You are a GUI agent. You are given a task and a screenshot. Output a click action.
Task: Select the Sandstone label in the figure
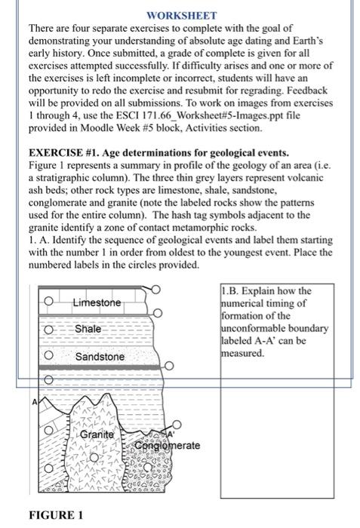pyautogui.click(x=100, y=356)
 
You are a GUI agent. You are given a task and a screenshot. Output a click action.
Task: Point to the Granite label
pyautogui.click(x=99, y=434)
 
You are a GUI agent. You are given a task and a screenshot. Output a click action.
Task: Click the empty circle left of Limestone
pyautogui.click(x=48, y=302)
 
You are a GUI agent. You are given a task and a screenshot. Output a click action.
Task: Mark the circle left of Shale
pyautogui.click(x=48, y=330)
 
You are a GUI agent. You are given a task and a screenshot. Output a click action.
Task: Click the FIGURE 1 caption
pyautogui.click(x=56, y=516)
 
